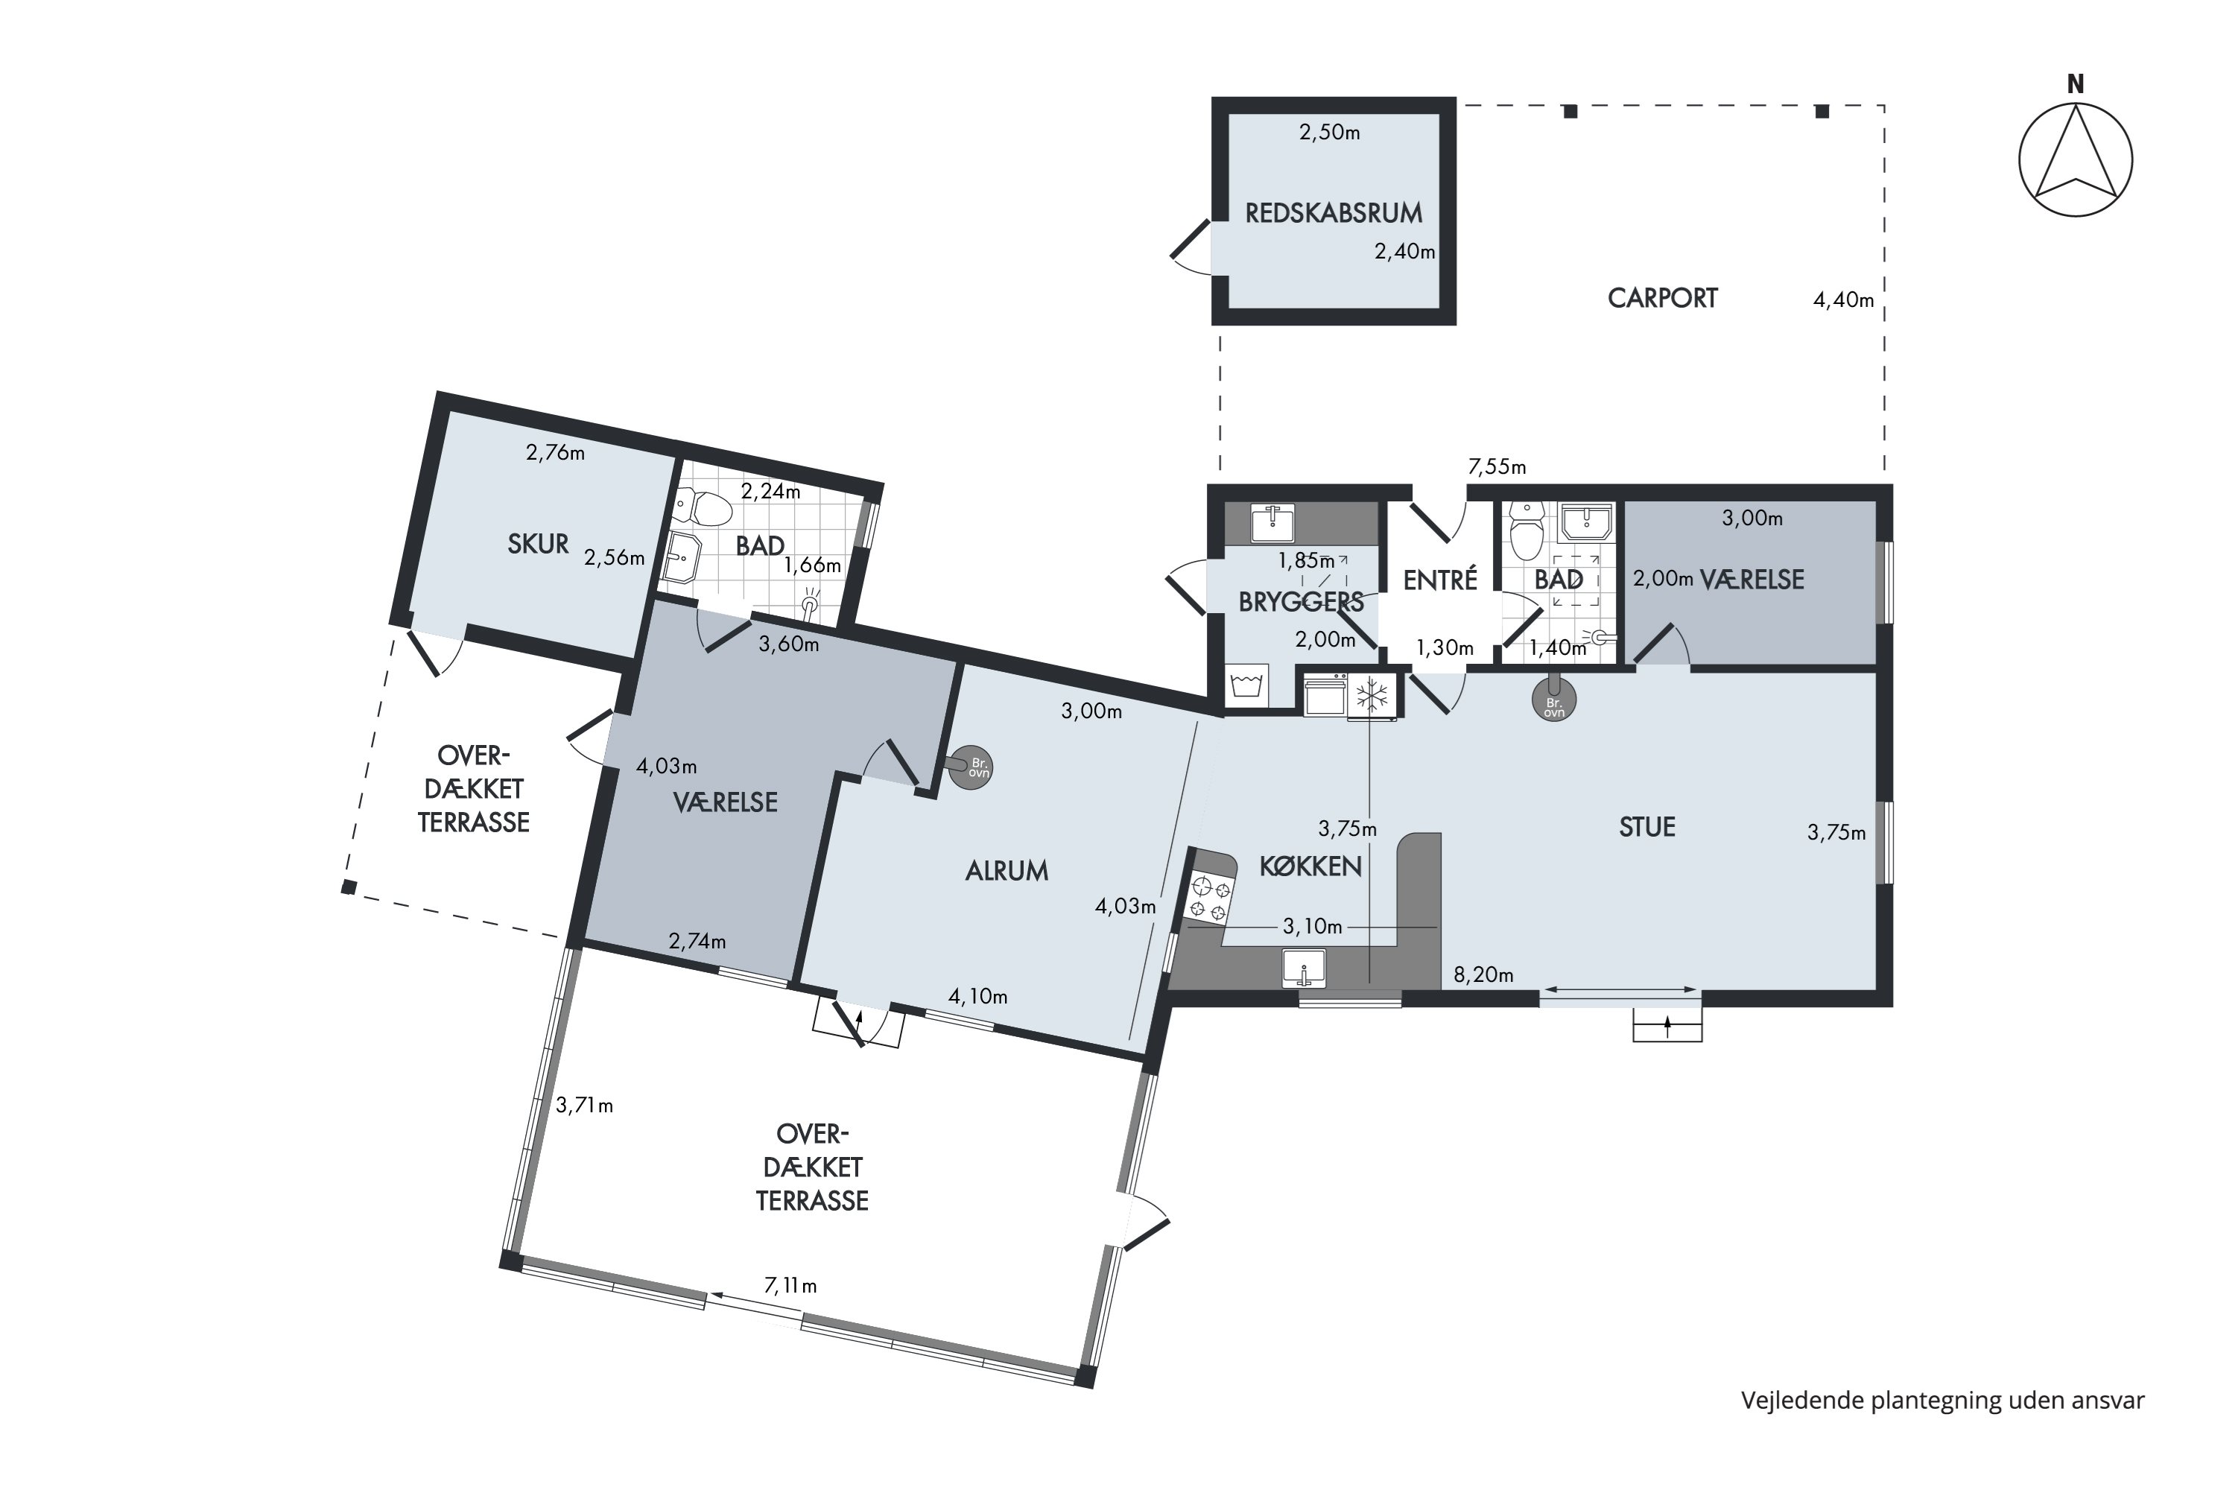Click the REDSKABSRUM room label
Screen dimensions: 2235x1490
click(1334, 213)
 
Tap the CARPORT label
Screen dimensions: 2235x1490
click(1662, 299)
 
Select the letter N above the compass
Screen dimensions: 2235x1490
click(2076, 85)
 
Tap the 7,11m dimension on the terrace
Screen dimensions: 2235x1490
click(790, 1287)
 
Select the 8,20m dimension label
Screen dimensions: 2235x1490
click(1483, 974)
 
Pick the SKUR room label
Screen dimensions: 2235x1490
click(538, 545)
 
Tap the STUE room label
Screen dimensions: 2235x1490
click(1646, 827)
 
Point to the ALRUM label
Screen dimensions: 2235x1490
click(1006, 870)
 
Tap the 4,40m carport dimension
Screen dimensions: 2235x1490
click(1843, 300)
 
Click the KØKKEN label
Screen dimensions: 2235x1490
click(1310, 866)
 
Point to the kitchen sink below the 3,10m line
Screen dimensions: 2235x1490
click(1304, 968)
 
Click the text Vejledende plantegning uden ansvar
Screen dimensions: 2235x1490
click(1943, 1401)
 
